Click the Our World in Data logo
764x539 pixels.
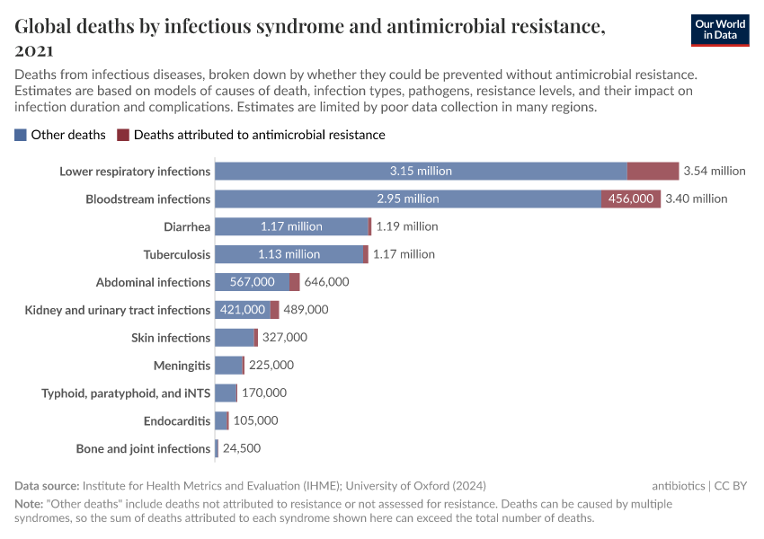[719, 30]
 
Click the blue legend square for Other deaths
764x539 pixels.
[21, 135]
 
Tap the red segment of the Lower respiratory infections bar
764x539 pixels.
[653, 171]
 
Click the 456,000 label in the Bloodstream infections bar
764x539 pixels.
[631, 199]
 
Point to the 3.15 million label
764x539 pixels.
[421, 171]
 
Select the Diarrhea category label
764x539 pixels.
[187, 226]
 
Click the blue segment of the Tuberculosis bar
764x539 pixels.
[289, 254]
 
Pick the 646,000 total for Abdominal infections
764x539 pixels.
[327, 282]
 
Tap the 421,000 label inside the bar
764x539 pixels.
[243, 310]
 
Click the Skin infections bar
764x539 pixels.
[235, 338]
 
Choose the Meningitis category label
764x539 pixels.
[182, 366]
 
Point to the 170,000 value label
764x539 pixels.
[264, 393]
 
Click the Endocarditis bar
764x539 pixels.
[221, 420]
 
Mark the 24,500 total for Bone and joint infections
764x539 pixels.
[242, 448]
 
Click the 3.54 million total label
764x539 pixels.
[715, 171]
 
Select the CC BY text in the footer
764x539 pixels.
[732, 485]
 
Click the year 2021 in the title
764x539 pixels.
[34, 50]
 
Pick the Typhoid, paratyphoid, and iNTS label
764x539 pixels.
[126, 393]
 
